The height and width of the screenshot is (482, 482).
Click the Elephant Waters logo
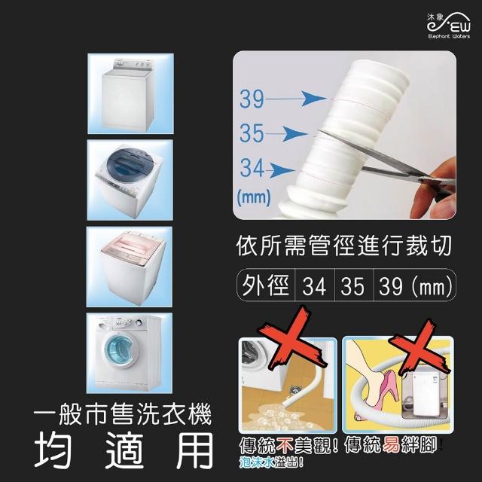click(448, 26)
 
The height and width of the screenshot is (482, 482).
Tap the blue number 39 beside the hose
click(252, 99)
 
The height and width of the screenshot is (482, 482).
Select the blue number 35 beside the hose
click(252, 133)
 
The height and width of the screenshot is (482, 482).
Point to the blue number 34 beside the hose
click(252, 167)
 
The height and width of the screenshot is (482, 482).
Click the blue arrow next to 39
click(296, 99)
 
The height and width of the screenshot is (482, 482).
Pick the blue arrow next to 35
click(286, 134)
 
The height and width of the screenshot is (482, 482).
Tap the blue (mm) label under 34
click(254, 197)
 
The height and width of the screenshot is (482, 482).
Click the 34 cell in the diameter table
click(314, 286)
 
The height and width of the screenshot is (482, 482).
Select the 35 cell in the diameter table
click(353, 286)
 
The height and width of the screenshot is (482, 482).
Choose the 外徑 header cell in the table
click(266, 285)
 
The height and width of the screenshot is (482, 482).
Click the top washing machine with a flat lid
click(127, 93)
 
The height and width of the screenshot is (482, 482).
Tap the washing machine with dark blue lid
click(130, 181)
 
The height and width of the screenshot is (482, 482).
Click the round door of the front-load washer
click(119, 352)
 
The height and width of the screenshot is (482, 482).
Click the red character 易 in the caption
click(392, 446)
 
